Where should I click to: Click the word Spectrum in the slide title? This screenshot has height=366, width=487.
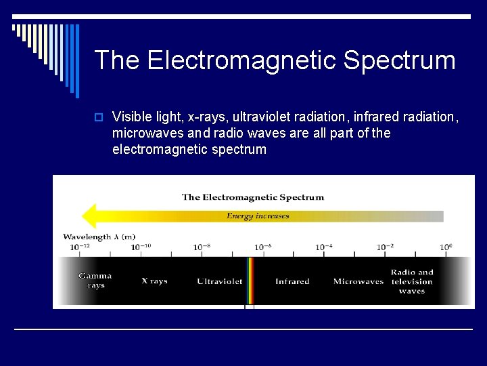(x=399, y=61)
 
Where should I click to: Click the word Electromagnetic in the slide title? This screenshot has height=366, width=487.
(x=242, y=61)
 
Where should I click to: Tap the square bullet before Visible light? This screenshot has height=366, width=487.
(x=99, y=117)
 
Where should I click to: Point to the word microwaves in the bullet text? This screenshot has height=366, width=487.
(x=146, y=133)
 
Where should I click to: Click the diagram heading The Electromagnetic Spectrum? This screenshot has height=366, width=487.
(x=253, y=197)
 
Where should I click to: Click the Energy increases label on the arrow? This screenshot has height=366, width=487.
(x=258, y=216)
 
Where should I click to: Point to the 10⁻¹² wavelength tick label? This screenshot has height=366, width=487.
(x=79, y=247)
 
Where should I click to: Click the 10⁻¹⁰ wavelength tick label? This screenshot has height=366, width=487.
(x=141, y=247)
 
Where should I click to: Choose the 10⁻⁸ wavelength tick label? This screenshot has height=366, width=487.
(x=202, y=247)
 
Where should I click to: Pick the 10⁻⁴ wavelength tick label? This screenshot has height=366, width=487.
(x=323, y=247)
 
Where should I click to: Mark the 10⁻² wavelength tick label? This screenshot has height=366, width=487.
(x=385, y=247)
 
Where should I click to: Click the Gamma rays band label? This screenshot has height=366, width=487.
(x=95, y=281)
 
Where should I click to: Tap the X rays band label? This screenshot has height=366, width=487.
(x=154, y=281)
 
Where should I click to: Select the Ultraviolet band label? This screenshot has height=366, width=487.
(x=219, y=281)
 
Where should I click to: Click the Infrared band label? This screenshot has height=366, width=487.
(x=292, y=281)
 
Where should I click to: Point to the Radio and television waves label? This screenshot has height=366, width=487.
(x=411, y=281)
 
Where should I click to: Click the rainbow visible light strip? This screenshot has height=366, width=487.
(x=250, y=281)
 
